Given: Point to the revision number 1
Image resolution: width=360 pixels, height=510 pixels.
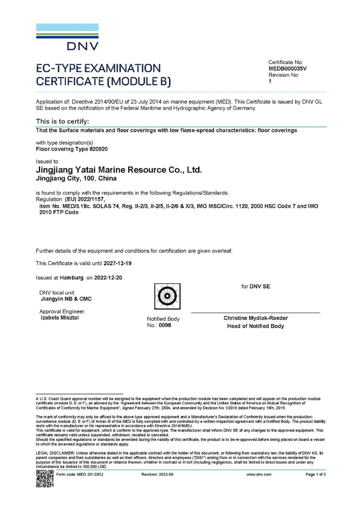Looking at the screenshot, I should pyautogui.click(x=270, y=81).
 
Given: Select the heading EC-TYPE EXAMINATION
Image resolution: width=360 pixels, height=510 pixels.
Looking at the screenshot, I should pyautogui.click(x=98, y=68).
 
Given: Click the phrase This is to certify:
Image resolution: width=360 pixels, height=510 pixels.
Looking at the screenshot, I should pyautogui.click(x=62, y=122).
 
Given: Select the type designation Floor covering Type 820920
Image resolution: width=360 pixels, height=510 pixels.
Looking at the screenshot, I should pyautogui.click(x=72, y=150).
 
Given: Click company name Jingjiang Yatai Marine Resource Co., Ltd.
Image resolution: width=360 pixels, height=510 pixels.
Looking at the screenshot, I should pyautogui.click(x=118, y=169).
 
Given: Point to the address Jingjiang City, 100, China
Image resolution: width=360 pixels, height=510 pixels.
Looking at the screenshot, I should pyautogui.click(x=76, y=178).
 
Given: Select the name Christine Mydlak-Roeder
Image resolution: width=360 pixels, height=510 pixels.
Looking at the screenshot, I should pyautogui.click(x=255, y=318).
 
